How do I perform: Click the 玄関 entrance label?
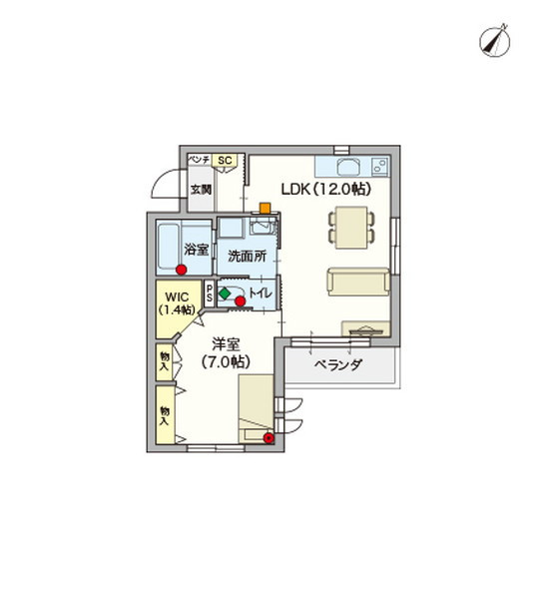201,189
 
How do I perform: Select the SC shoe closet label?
226,160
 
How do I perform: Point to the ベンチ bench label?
199,160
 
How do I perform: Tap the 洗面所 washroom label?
247,256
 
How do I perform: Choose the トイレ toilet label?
263,294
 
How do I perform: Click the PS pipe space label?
210,294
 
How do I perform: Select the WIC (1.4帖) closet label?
178,303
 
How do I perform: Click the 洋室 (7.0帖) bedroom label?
225,353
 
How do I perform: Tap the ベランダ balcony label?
337,366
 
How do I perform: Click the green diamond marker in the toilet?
226,294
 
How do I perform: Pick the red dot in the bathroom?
182,270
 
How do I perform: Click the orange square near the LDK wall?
266,209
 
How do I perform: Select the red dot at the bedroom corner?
269,437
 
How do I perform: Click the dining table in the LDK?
351,226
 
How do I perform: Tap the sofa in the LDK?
357,283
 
